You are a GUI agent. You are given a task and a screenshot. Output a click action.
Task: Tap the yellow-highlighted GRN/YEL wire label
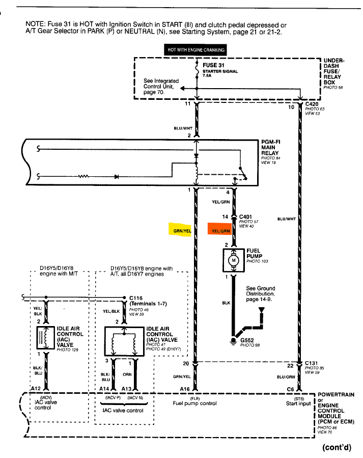pyautogui.click(x=182, y=230)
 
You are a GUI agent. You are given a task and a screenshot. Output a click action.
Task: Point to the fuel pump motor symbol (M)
pyautogui.click(x=235, y=261)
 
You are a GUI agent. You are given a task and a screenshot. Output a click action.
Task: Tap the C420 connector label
pyautogui.click(x=312, y=103)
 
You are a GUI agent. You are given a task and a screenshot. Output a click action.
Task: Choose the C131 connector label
pyautogui.click(x=312, y=363)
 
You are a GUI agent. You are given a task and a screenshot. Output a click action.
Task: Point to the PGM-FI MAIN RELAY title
pyautogui.click(x=271, y=147)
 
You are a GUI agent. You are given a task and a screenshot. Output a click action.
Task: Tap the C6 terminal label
pyautogui.click(x=290, y=388)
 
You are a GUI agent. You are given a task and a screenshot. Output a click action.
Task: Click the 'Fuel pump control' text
pyautogui.click(x=195, y=403)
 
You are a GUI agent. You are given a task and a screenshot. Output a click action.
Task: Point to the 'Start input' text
pyautogui.click(x=298, y=403)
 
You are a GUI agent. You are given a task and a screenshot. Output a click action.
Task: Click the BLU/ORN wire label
pyautogui.click(x=286, y=378)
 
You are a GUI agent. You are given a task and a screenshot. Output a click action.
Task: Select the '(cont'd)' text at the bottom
pyautogui.click(x=337, y=448)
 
